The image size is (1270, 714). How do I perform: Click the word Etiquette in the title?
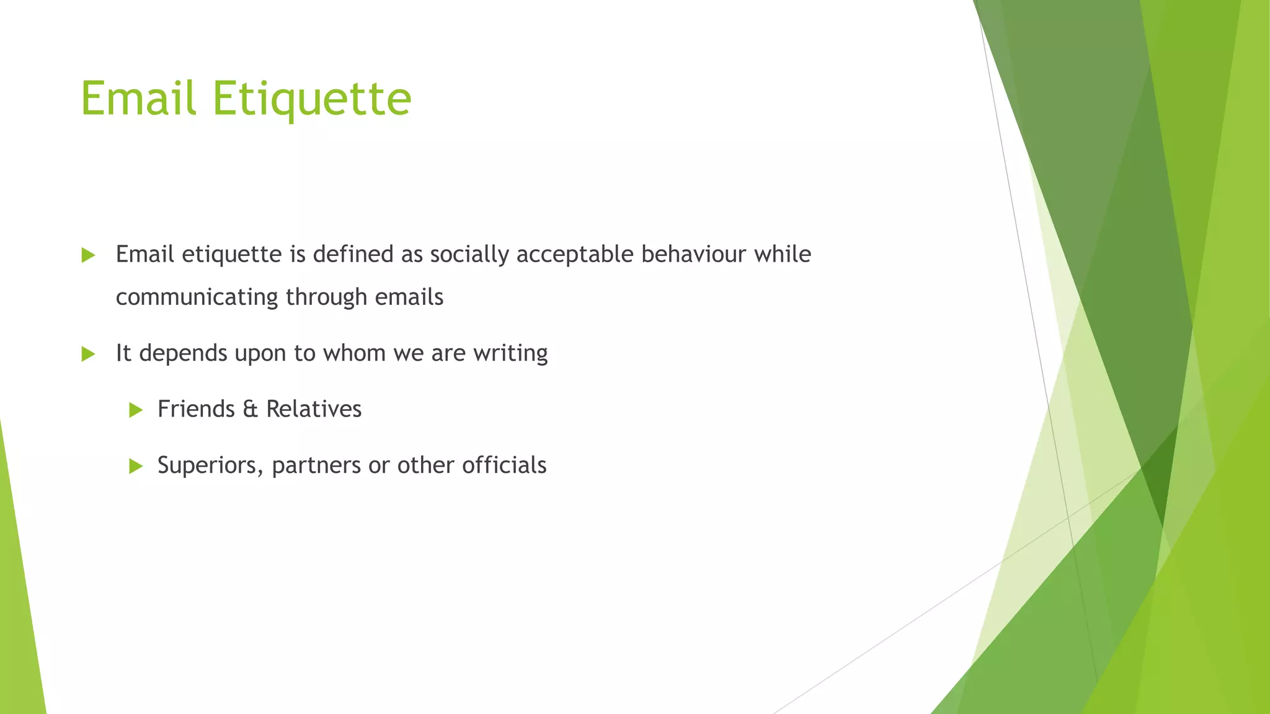(312, 99)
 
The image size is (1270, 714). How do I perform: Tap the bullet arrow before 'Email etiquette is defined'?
(88, 255)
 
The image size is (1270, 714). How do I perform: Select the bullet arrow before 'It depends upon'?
(88, 354)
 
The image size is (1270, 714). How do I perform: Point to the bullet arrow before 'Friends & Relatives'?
(136, 410)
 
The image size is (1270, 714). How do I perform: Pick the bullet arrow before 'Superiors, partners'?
(136, 466)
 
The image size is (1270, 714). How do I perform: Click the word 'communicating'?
(197, 297)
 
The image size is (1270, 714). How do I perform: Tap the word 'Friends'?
(196, 409)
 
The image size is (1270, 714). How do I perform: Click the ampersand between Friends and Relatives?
(250, 409)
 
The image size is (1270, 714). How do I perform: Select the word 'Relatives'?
(314, 409)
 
